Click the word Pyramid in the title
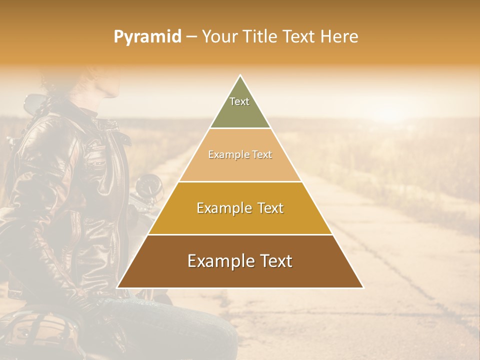[x=147, y=37]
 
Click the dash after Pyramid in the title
[x=191, y=37]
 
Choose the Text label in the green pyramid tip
[x=239, y=101]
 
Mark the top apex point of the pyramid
[x=240, y=75]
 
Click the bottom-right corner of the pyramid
[x=363, y=287]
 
